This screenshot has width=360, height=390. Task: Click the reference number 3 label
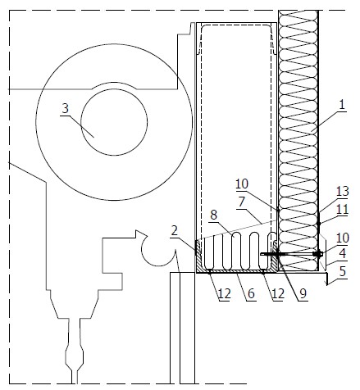[x=65, y=109]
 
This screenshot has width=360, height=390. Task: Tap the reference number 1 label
[x=342, y=105]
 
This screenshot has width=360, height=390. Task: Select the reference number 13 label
[x=342, y=192]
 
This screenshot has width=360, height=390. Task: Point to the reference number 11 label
[x=342, y=210]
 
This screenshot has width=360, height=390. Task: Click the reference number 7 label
[x=242, y=202]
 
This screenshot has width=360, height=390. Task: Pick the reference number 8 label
[x=214, y=215]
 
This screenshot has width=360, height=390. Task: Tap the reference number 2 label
[x=174, y=231]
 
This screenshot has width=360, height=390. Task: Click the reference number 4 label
[x=342, y=253]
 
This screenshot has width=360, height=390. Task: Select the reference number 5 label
[x=343, y=271]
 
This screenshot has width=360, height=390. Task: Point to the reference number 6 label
[x=251, y=294]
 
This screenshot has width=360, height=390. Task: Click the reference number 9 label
[x=303, y=294]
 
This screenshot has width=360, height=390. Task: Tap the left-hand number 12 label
[x=225, y=294]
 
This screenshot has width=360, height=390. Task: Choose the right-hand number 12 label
[x=277, y=294]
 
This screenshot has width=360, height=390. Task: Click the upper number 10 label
[x=242, y=184]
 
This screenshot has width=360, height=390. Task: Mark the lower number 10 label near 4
[x=343, y=238]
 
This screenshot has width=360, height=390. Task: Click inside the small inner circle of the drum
[x=114, y=122]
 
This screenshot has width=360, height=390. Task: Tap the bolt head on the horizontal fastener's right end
[x=318, y=254]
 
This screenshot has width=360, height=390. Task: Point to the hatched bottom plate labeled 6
[x=236, y=270]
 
